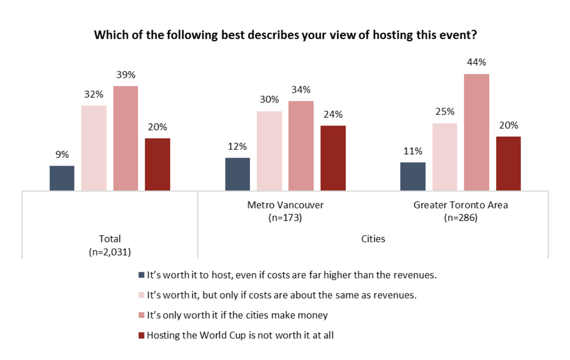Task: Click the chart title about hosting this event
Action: [285, 35]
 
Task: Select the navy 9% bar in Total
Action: [62, 178]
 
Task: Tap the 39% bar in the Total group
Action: [125, 139]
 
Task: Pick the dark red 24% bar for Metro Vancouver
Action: [333, 158]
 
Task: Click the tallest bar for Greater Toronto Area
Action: [476, 132]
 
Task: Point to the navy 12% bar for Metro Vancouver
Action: [237, 174]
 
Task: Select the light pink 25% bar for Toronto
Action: [445, 157]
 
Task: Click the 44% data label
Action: [476, 63]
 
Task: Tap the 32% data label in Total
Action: [94, 95]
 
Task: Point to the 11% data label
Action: [413, 151]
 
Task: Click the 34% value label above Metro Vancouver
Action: [301, 90]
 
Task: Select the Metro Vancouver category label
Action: [285, 205]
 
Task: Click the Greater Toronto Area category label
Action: [461, 205]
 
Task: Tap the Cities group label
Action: [373, 239]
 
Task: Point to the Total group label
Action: [110, 239]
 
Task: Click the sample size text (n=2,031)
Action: [110, 252]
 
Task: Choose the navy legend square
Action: [142, 275]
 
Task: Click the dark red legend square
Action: [142, 336]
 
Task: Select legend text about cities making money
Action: [237, 315]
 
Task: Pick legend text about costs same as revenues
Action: [282, 295]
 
